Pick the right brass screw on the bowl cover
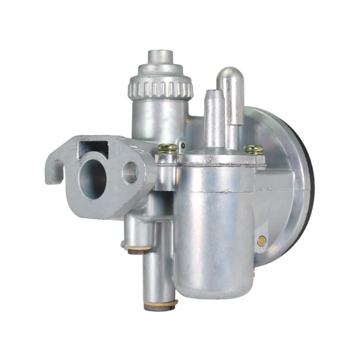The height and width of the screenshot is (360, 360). pos(253,149)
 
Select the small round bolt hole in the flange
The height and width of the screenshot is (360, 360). pos(130,172)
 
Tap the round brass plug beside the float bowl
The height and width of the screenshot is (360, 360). pos(261,241)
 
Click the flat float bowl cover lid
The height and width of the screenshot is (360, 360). pos(211,159)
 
